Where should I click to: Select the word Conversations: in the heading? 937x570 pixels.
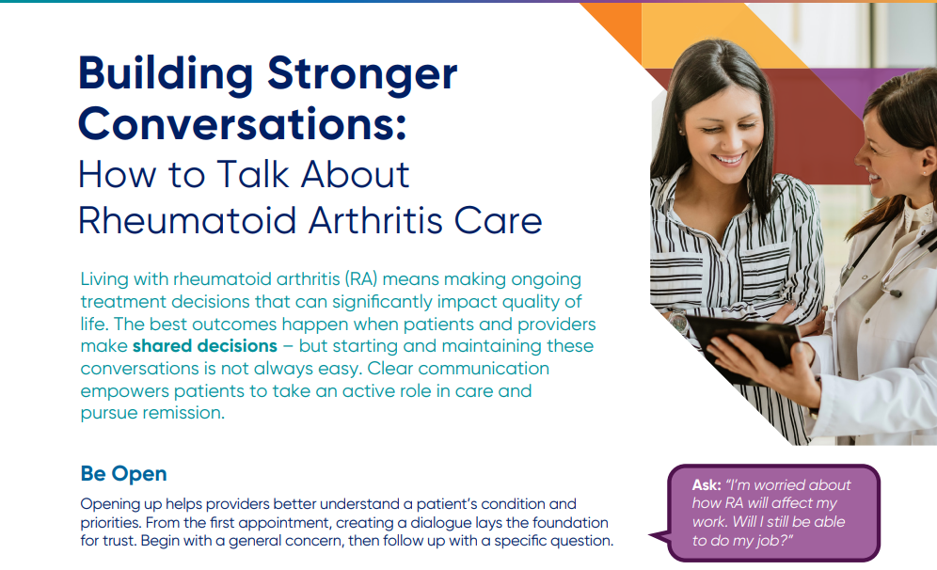pos(242,123)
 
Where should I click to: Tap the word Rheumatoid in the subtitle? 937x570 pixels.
pos(187,220)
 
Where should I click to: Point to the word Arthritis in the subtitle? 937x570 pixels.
pos(374,220)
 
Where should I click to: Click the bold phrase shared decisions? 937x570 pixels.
pos(205,346)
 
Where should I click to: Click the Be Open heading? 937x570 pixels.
pos(123,474)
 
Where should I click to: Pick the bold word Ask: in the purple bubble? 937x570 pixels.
pos(707,485)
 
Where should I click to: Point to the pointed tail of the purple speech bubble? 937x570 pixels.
pos(652,536)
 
